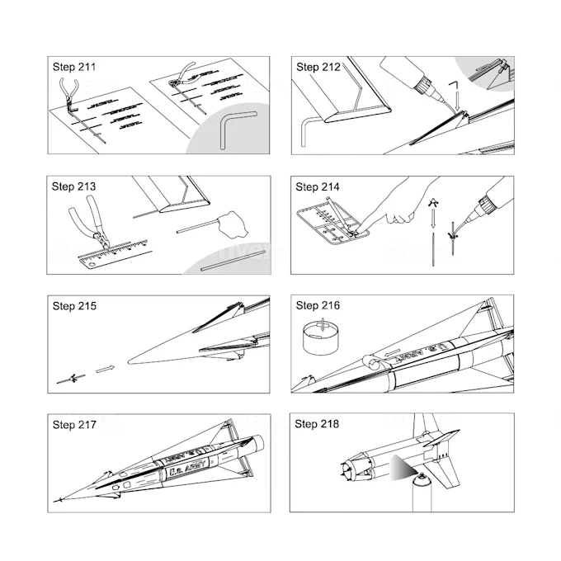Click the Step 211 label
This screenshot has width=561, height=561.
tap(73, 67)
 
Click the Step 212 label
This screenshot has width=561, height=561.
tap(318, 67)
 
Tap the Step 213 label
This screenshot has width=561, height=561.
tap(73, 186)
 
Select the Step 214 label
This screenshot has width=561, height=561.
tap(318, 186)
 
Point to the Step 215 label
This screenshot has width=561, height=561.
tap(73, 306)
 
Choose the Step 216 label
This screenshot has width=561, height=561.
tap(318, 306)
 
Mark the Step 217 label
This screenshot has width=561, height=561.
tap(73, 425)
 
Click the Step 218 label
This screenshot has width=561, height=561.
tap(318, 425)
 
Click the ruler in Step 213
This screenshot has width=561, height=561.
tap(113, 254)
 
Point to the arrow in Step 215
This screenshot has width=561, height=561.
tap(104, 369)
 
